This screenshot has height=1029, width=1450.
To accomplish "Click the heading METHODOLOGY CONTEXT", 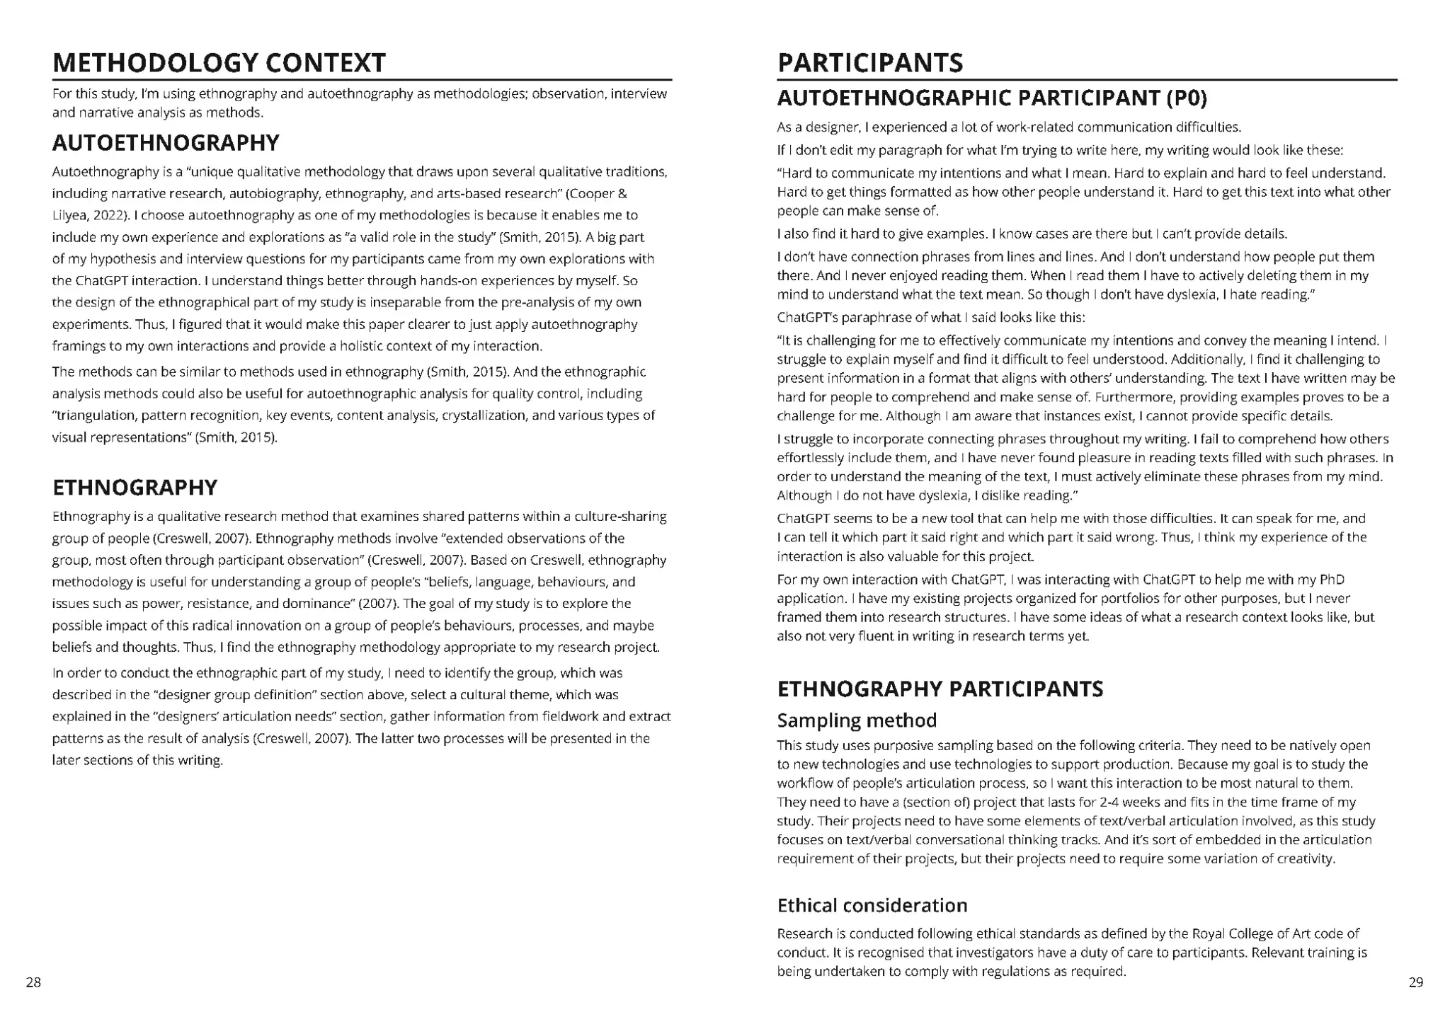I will click(219, 63).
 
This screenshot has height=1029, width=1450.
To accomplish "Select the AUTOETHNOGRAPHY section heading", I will click(166, 143).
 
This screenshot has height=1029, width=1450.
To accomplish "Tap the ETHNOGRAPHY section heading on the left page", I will click(135, 488).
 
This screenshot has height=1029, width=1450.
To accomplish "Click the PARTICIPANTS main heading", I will click(870, 63).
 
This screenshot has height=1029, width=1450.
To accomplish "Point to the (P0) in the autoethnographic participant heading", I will click(1185, 98).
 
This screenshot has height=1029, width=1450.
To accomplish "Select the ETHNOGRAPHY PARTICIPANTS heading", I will click(940, 689).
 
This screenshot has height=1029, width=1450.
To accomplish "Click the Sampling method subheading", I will click(857, 720).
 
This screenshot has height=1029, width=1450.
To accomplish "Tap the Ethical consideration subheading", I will click(872, 905).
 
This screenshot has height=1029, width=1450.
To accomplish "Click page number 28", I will click(33, 982).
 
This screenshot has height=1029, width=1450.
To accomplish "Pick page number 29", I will click(1415, 982).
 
